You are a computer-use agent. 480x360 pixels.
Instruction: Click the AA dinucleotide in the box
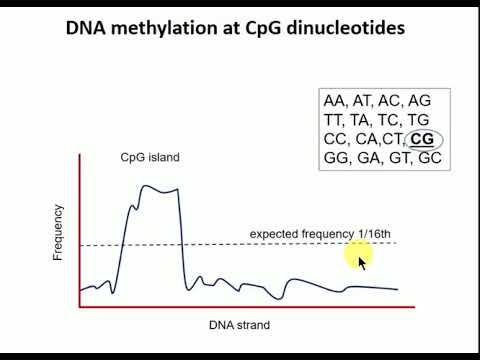click(x=334, y=101)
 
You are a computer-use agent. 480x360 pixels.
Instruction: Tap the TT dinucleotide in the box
click(x=334, y=120)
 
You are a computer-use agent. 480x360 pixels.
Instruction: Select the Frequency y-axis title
click(x=58, y=232)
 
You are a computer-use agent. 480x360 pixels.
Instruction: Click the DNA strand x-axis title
click(x=239, y=325)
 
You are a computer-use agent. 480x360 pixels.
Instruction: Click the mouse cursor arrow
click(x=362, y=262)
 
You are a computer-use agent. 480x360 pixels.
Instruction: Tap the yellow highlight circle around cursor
click(x=358, y=258)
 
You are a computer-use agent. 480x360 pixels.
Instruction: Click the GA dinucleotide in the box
click(x=367, y=158)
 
